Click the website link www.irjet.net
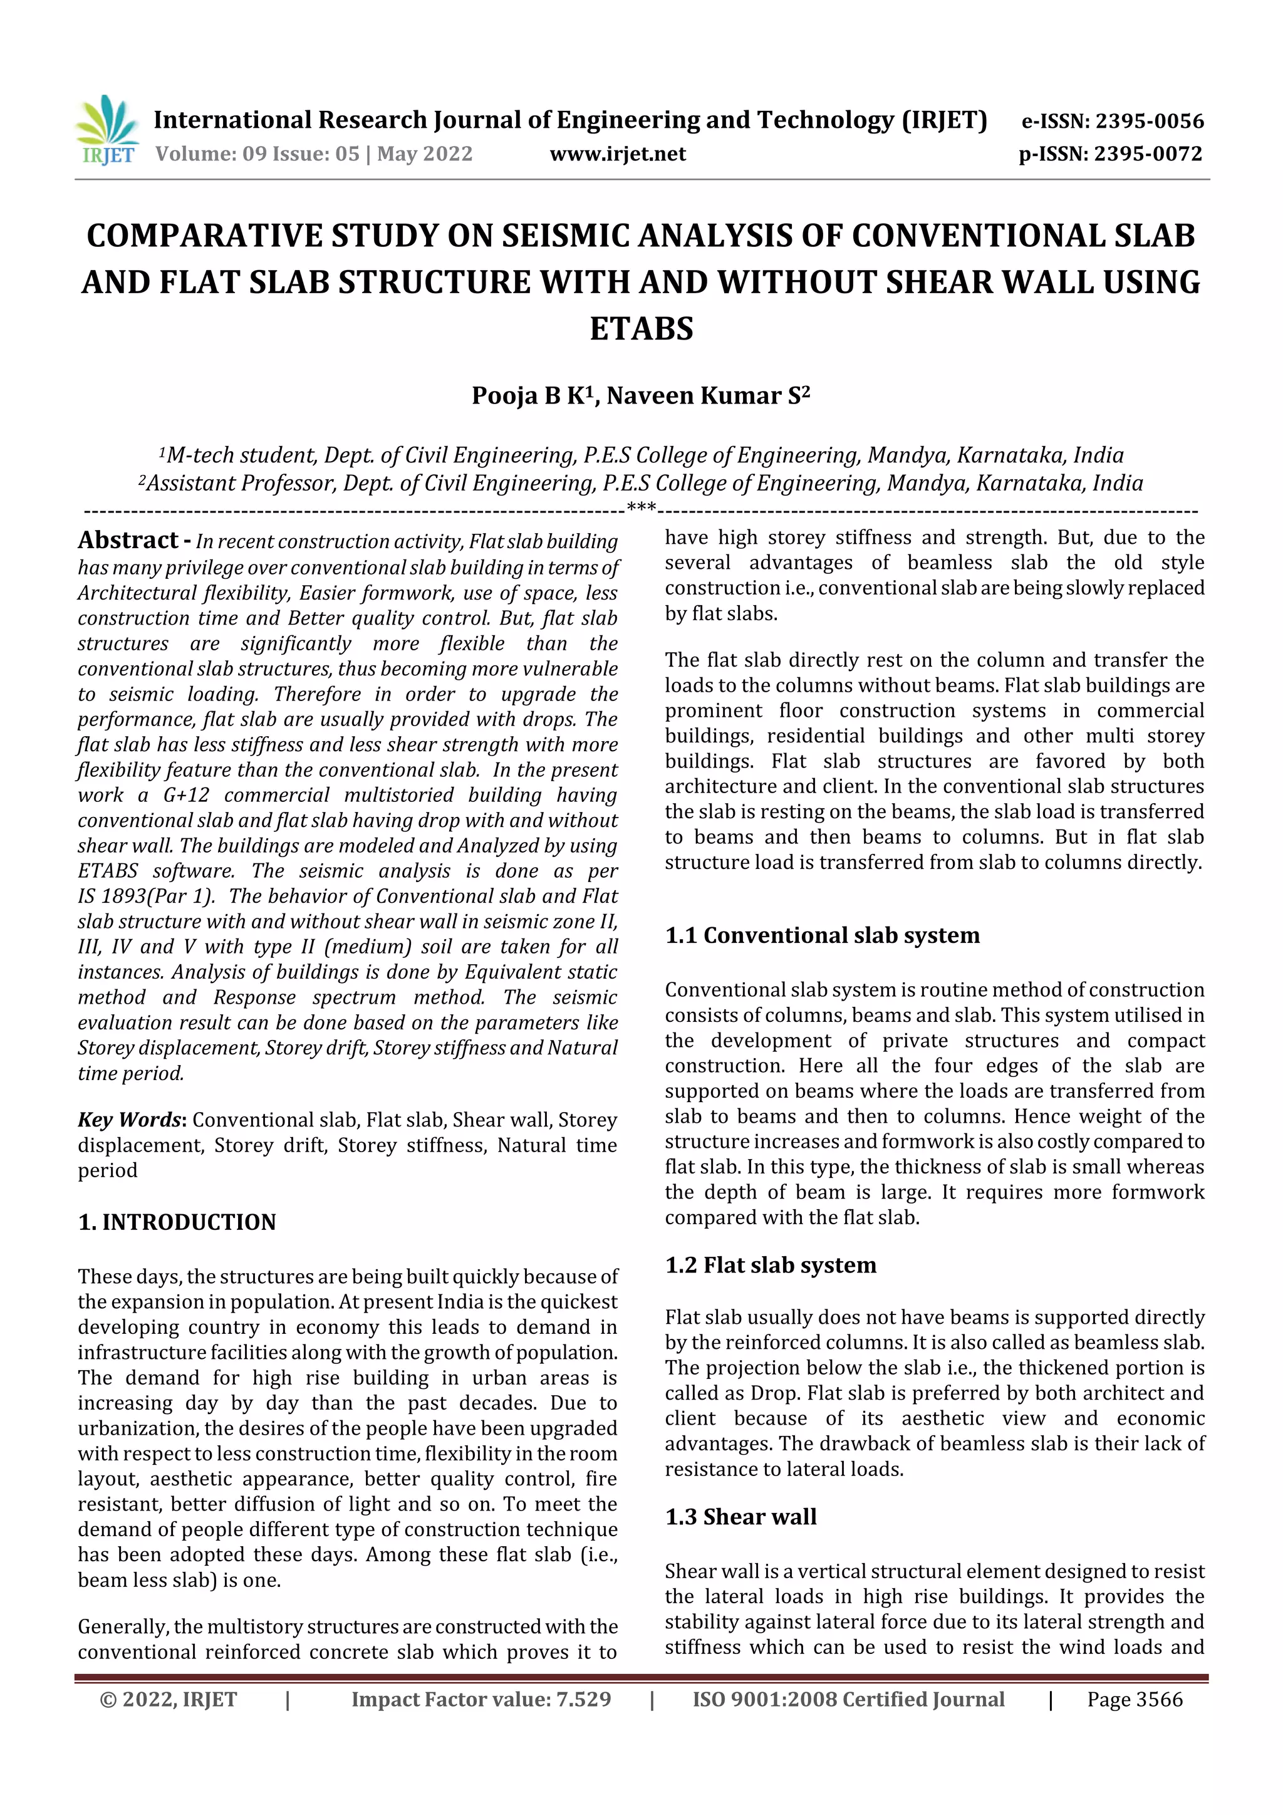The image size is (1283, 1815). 618,153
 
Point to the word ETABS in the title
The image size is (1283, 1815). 641,328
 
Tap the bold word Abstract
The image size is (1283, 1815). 127,540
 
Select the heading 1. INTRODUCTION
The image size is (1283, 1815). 177,1222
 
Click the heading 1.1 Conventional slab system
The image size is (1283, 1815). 822,935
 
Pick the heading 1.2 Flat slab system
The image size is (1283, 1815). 771,1265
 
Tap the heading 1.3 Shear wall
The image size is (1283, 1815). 740,1516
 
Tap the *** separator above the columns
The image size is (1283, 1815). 640,507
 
